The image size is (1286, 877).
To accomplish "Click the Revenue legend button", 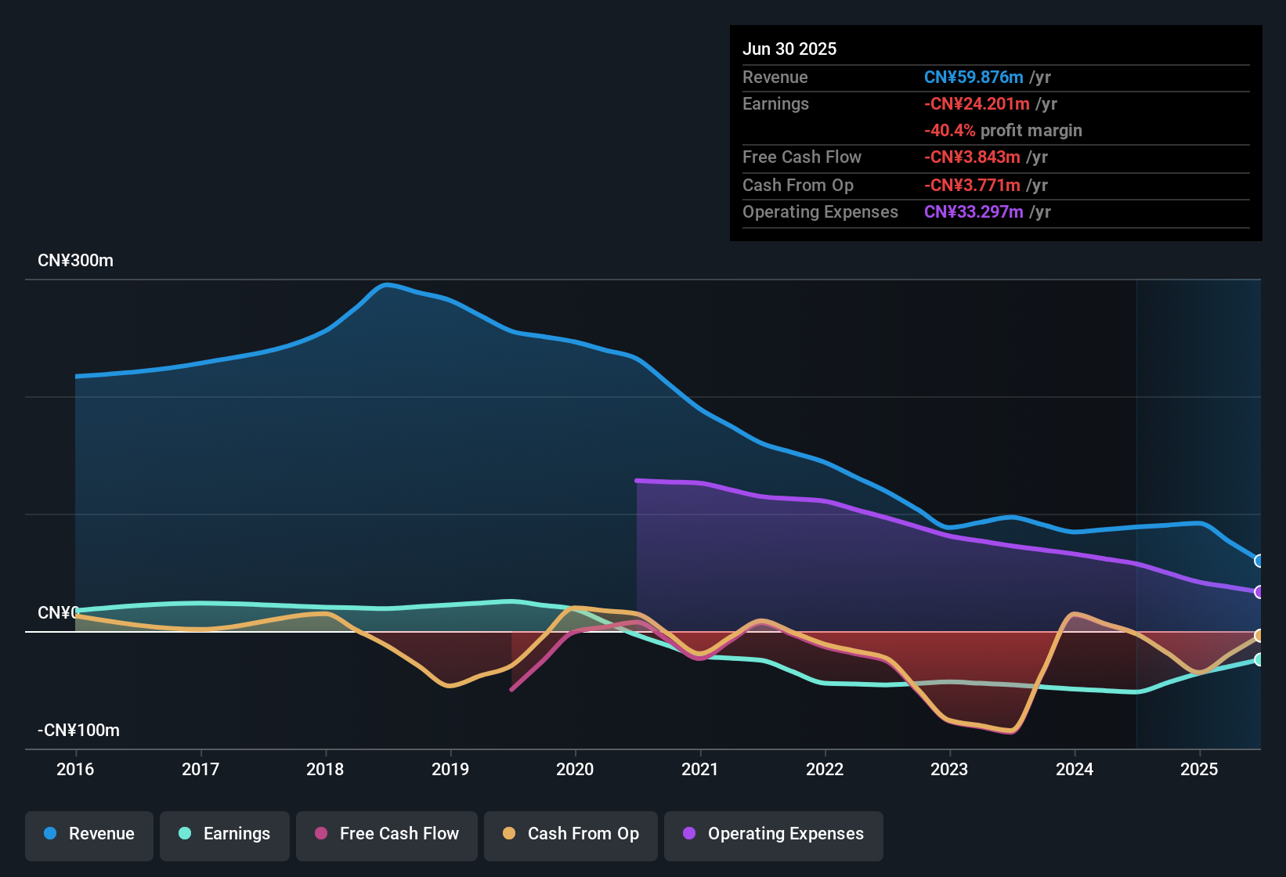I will (89, 834).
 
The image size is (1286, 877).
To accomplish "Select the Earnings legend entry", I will (225, 834).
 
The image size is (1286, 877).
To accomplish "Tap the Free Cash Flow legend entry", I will (387, 834).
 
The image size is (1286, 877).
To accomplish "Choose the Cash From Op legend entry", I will (571, 834).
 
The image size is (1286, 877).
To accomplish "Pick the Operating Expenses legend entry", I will (774, 834).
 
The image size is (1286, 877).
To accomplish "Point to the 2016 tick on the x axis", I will (75, 769).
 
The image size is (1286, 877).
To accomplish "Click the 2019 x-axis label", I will (450, 769).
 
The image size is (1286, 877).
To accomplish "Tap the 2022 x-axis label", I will (825, 769).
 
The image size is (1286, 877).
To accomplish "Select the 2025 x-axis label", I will (1199, 769).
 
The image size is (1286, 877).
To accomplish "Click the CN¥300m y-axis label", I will (75, 261).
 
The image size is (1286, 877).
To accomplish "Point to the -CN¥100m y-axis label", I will (78, 731).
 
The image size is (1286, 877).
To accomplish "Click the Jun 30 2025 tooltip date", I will (789, 49).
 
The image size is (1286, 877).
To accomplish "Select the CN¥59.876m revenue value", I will (974, 78).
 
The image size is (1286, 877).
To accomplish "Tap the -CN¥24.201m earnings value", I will (977, 104).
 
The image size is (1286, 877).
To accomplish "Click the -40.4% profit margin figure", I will (949, 131).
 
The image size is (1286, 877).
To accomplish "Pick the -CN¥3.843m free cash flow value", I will (972, 157).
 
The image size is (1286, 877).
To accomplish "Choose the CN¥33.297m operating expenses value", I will (974, 212).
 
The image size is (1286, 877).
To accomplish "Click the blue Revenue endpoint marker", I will (1259, 561).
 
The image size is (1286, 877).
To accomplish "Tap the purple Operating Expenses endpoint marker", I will (1259, 592).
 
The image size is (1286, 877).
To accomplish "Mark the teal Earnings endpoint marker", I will (1259, 659).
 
